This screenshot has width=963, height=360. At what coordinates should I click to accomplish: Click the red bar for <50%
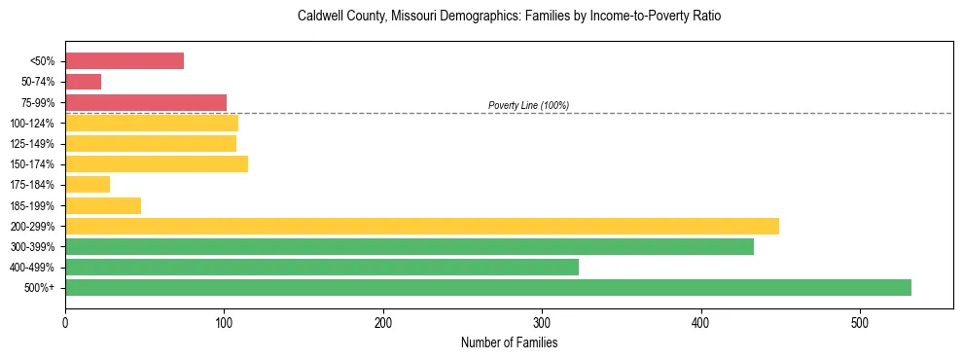coord(125,61)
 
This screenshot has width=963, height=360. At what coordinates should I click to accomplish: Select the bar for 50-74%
coord(83,82)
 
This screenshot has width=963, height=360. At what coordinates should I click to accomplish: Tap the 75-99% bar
coord(146,102)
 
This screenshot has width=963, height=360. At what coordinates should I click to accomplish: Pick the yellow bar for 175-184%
coord(88,185)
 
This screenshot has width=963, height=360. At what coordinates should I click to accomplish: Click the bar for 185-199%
coord(103,205)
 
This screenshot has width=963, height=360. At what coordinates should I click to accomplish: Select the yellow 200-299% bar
coord(422,226)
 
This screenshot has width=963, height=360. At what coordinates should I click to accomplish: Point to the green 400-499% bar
coord(322,267)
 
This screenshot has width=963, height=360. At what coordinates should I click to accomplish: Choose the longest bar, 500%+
coord(488,287)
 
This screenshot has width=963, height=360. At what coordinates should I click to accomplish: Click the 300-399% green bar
coord(410,246)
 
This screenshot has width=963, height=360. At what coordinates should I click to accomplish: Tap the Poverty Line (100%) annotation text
coord(528,105)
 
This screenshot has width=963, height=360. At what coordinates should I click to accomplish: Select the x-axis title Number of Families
coord(510,342)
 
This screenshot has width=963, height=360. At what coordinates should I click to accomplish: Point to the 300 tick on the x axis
coord(542,322)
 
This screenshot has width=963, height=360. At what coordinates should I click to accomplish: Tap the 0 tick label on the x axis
coord(65,322)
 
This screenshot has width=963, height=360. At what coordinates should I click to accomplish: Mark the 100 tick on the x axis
coord(224,322)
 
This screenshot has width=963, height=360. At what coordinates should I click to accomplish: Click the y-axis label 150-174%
coord(33,164)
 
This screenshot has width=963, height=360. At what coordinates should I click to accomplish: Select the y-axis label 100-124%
coord(33,124)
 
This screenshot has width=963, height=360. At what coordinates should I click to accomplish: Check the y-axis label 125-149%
coord(33,144)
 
